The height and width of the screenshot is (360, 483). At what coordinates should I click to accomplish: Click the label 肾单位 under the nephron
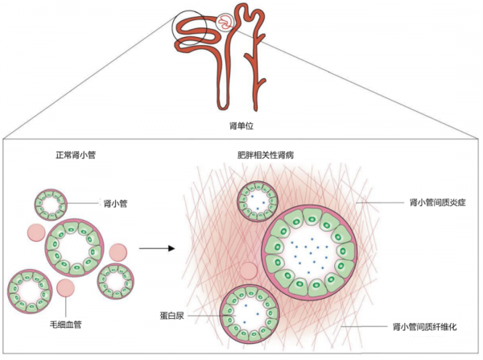tap(242, 126)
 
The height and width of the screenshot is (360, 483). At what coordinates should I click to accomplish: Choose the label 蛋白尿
tap(184, 309)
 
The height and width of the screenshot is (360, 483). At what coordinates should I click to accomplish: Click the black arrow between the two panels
tap(156, 247)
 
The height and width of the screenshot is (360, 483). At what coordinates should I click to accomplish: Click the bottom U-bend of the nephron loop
tap(232, 106)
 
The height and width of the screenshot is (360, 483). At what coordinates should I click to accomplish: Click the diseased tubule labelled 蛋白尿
tap(249, 309)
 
